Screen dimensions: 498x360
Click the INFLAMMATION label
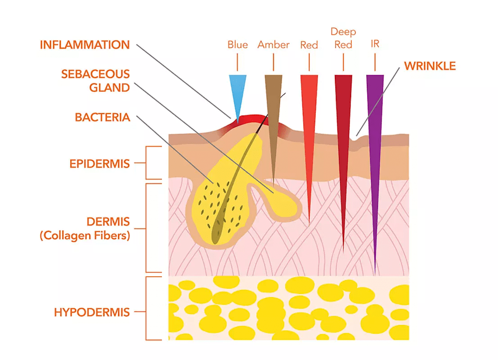point(85,45)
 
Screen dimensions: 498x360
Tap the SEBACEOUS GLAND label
point(95,81)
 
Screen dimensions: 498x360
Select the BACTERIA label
point(102,117)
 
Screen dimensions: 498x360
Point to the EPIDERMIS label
point(99,164)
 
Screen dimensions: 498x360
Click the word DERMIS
point(108,222)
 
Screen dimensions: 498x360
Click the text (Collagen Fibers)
point(85,235)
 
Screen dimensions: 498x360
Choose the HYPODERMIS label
point(92,312)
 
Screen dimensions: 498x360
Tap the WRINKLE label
point(430,66)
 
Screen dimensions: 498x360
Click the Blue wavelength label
point(238,45)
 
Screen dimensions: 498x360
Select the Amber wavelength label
point(274,45)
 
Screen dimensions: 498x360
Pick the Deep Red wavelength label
point(343,38)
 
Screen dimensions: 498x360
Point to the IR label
point(375,44)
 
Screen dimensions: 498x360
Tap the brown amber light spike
point(274,127)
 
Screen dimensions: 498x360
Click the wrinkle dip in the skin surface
point(354,140)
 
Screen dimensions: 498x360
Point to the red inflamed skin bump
point(251,120)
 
